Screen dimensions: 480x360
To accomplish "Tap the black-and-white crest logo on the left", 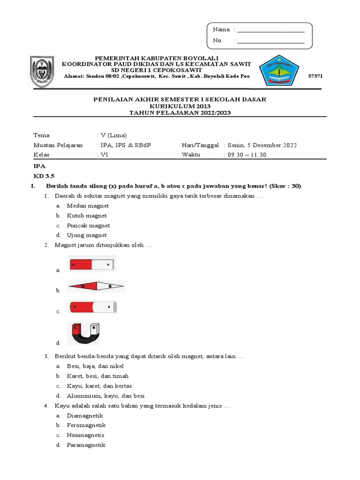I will click(45, 72).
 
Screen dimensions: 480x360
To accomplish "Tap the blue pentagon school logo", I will click(279, 71).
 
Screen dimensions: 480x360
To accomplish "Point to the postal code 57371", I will click(316, 76).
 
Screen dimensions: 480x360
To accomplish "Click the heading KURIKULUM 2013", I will click(180, 106).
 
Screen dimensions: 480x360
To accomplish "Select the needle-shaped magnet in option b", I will click(96, 285).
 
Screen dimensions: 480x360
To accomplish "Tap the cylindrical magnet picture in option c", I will click(92, 307).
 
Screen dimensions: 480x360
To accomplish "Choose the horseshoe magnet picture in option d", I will click(83, 333).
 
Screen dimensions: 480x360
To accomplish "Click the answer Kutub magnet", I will click(87, 216).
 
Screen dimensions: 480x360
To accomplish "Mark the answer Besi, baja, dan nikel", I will click(95, 366).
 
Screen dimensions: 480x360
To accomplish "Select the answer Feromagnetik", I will click(86, 425).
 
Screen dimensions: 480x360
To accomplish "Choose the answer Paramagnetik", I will click(86, 445).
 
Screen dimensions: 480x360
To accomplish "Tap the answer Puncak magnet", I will click(88, 225).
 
